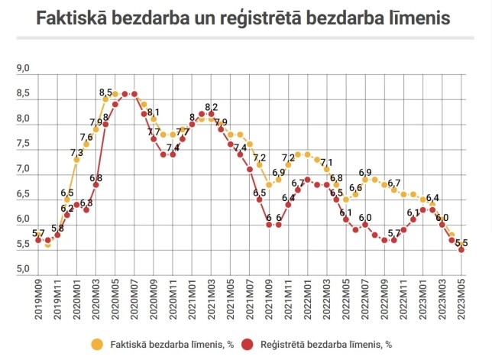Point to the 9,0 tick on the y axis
(23, 70)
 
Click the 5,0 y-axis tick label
(23, 270)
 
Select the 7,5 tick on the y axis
(23, 144)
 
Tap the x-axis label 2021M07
(250, 297)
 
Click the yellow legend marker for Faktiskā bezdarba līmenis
(96, 343)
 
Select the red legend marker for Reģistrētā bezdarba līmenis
(246, 343)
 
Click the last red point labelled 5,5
(461, 248)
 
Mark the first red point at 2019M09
(38, 240)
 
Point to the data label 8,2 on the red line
(212, 107)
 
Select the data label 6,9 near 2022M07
(365, 173)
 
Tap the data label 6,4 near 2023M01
(432, 198)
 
